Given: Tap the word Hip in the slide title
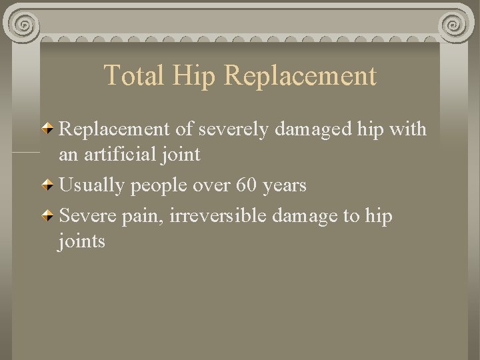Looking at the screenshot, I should [194, 75].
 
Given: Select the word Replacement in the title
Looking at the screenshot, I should [301, 75].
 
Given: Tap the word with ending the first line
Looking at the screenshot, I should [407, 129].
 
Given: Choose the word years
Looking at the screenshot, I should [285, 185].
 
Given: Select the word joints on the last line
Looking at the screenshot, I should [82, 241].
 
